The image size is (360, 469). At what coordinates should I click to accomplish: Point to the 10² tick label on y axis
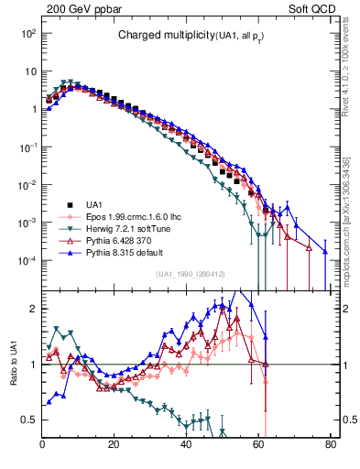click(x=28, y=33)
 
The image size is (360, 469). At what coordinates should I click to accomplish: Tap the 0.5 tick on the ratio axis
click(x=27, y=420)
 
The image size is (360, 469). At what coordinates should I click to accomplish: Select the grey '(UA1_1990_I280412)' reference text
click(x=192, y=275)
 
